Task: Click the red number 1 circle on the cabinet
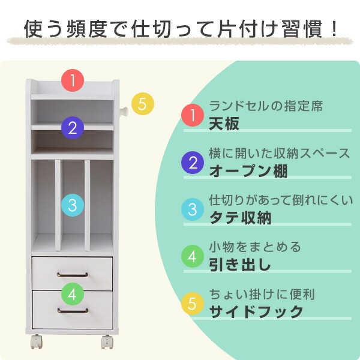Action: [73, 80]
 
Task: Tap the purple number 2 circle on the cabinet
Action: [73, 128]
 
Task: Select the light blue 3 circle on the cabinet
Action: [73, 205]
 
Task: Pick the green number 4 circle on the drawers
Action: [73, 294]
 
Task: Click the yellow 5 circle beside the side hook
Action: [143, 104]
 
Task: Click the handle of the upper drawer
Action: [73, 275]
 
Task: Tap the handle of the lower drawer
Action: [73, 311]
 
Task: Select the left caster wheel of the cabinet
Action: [37, 342]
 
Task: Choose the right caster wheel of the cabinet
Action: [107, 342]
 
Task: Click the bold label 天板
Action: [224, 124]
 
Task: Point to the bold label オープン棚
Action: [248, 171]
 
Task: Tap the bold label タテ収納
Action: [240, 218]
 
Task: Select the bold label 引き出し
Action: [239, 265]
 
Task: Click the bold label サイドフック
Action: [256, 311]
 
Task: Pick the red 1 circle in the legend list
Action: [193, 115]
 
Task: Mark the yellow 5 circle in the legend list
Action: [193, 304]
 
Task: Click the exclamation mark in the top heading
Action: [334, 29]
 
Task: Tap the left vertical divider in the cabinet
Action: [58, 205]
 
